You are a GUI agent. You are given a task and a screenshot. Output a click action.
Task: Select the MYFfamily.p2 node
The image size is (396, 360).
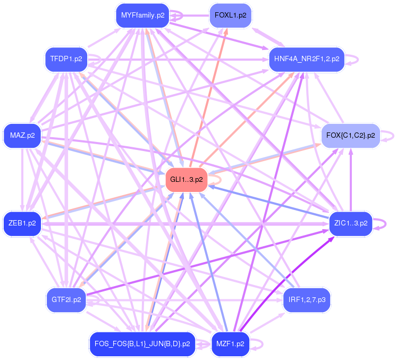pyautogui.click(x=142, y=15)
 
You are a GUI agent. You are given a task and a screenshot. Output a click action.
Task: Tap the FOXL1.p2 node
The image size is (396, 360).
pyautogui.click(x=230, y=15)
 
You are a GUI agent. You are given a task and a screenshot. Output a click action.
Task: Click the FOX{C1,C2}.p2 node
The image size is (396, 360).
pyautogui.click(x=350, y=136)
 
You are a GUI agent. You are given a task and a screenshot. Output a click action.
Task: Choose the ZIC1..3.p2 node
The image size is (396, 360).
pyautogui.click(x=350, y=223)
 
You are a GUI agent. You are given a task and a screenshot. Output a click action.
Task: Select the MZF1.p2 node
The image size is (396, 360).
pyautogui.click(x=230, y=344)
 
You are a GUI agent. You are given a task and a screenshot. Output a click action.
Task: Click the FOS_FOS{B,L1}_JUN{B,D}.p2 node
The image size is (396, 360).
pyautogui.click(x=142, y=344)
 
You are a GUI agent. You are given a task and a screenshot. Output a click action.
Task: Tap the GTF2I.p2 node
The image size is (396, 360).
pyautogui.click(x=66, y=300)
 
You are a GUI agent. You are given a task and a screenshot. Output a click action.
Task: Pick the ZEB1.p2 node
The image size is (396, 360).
pyautogui.click(x=22, y=223)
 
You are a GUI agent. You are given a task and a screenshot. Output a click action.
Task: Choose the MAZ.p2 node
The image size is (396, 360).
pyautogui.click(x=22, y=136)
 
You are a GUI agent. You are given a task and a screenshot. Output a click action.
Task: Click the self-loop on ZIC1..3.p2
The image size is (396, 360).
pyautogui.click(x=381, y=223)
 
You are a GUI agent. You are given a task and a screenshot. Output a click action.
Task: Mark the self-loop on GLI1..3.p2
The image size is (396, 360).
pyautogui.click(x=215, y=180)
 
